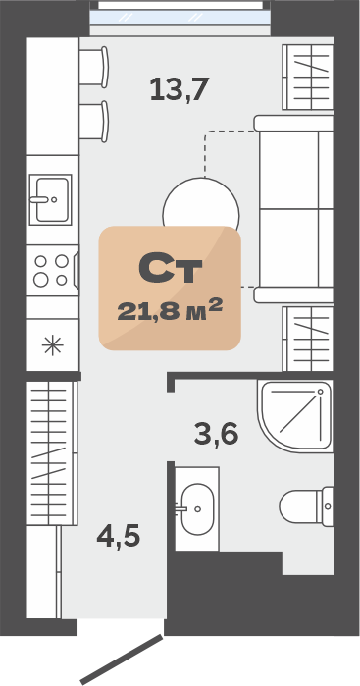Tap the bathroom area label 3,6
(x=216, y=434)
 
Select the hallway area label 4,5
(x=119, y=536)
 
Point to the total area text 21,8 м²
(x=170, y=310)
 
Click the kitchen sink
(x=50, y=199)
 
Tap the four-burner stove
(x=53, y=270)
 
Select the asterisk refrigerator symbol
(x=53, y=345)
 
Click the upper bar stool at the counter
(x=93, y=67)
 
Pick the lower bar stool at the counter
(x=93, y=121)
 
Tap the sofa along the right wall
(x=294, y=209)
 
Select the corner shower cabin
(x=295, y=416)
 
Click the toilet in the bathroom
(x=306, y=506)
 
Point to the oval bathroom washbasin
(x=197, y=508)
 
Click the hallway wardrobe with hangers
(x=52, y=452)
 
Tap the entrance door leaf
(x=122, y=660)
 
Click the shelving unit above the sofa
(x=308, y=77)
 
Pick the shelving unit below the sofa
(x=308, y=339)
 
